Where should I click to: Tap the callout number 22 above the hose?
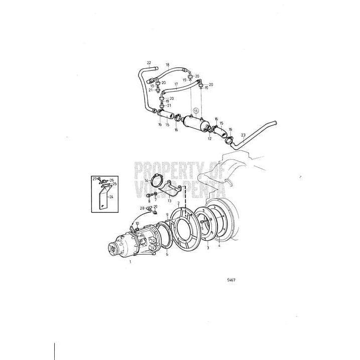point(149,62)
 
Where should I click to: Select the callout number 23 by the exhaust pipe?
point(243,135)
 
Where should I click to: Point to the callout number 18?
point(168,65)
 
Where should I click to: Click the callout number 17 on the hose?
point(176,84)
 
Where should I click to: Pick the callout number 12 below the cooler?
point(210,139)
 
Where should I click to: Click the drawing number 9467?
point(231,280)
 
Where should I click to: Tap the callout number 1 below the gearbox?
point(131,262)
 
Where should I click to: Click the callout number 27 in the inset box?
point(94,178)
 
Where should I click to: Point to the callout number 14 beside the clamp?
point(146,180)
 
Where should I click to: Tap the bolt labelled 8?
point(149,194)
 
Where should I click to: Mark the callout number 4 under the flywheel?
point(219,246)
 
